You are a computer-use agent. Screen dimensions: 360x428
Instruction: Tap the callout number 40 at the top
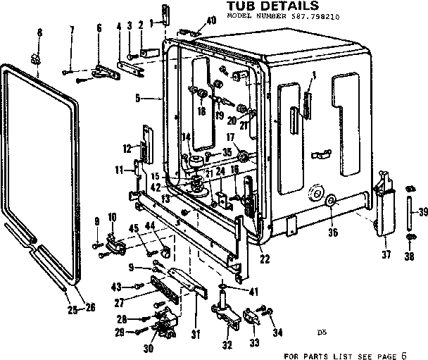[x=211, y=22]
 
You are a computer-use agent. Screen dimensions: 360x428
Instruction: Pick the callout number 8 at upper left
[x=39, y=33]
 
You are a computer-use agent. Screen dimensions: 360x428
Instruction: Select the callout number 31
[x=196, y=333]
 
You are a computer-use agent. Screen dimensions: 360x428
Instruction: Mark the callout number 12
[x=127, y=148]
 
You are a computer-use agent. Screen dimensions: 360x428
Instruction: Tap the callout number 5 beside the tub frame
[x=139, y=97]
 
